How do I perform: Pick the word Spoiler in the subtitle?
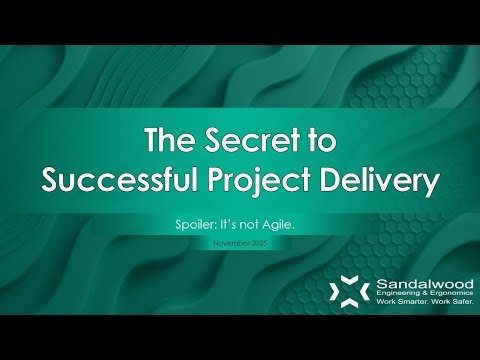coord(196,227)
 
